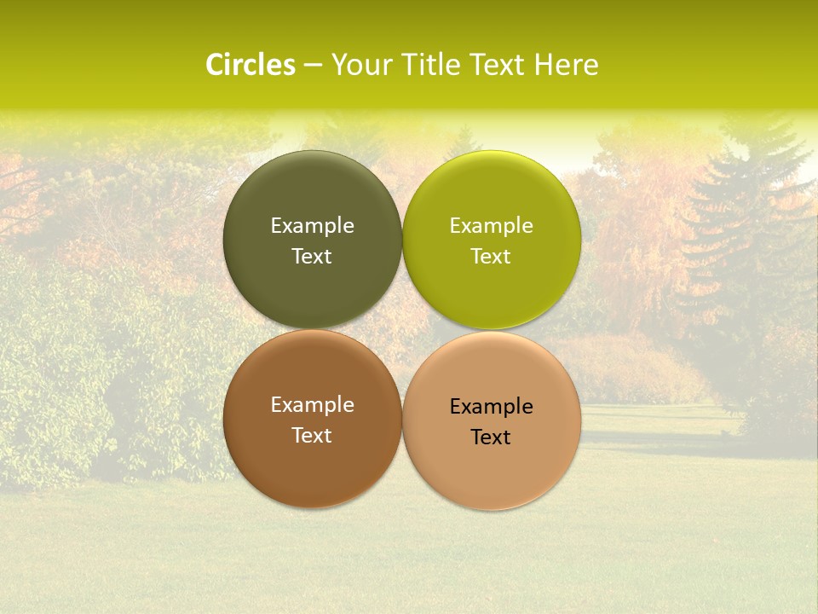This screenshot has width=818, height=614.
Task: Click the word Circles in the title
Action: pyautogui.click(x=251, y=65)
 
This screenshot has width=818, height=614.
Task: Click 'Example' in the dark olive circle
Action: pyautogui.click(x=312, y=226)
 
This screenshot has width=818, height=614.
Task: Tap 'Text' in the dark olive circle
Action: pyautogui.click(x=312, y=257)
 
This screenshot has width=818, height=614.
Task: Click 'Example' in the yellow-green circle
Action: pyautogui.click(x=491, y=226)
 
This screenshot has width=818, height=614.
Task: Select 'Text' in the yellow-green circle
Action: pyautogui.click(x=491, y=257)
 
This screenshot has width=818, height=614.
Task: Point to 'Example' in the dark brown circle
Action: pyautogui.click(x=312, y=405)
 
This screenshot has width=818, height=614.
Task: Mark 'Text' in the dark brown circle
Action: pyautogui.click(x=312, y=436)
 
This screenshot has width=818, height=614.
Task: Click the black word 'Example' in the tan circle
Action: pyautogui.click(x=491, y=407)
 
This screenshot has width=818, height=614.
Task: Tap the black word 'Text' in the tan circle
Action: pyautogui.click(x=491, y=437)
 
